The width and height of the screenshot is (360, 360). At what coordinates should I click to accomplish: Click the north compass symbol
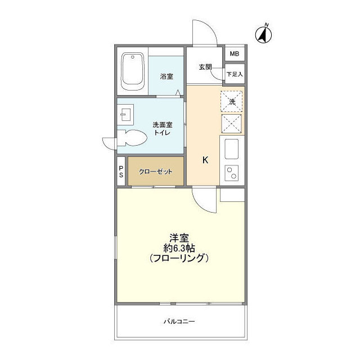(x=263, y=34)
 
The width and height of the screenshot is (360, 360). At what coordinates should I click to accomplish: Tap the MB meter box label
(x=235, y=54)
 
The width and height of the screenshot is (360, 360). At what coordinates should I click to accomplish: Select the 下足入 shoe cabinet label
(x=235, y=74)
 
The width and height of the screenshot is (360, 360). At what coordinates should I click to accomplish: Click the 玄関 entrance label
(x=205, y=67)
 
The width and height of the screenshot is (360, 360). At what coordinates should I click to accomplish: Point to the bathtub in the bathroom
(x=133, y=71)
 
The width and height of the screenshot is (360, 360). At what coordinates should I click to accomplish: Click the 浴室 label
(x=166, y=76)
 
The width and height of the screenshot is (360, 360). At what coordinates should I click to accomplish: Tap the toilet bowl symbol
(x=132, y=138)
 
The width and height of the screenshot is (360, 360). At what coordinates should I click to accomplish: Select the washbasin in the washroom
(x=125, y=115)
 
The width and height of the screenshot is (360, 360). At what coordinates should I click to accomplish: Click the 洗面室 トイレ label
(x=163, y=129)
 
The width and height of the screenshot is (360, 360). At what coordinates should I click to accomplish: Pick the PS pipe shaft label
(x=121, y=172)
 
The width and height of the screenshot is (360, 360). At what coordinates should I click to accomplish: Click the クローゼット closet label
(x=156, y=172)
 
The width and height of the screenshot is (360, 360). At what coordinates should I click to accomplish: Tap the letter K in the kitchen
(x=205, y=160)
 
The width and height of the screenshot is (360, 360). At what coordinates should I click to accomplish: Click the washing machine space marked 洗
(x=232, y=101)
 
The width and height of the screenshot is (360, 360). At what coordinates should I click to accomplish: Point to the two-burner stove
(x=231, y=173)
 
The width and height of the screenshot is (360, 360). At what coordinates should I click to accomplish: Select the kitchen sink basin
(x=231, y=149)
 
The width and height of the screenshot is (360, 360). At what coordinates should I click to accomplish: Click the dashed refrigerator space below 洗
(x=231, y=124)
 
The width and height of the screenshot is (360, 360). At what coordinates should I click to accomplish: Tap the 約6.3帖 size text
(x=179, y=248)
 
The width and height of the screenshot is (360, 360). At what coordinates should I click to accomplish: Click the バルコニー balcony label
(x=179, y=321)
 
